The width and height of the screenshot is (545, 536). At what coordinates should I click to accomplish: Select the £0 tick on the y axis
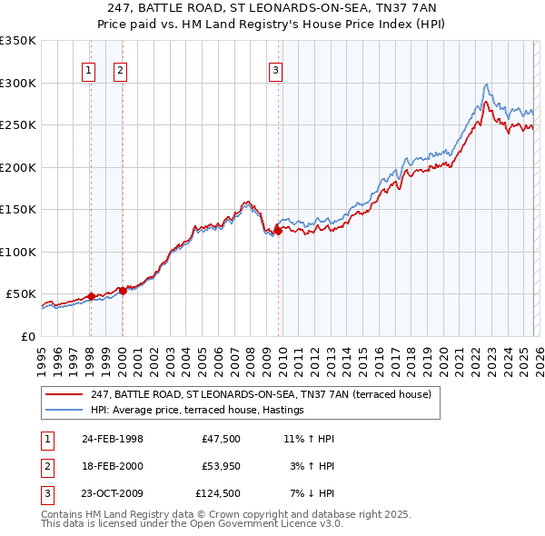pyautogui.click(x=27, y=336)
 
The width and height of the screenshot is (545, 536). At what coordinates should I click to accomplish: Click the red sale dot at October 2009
pyautogui.click(x=278, y=232)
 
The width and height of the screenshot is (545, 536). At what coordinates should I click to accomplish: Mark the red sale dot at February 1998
pyautogui.click(x=91, y=296)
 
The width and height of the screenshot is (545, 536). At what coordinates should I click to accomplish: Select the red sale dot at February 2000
pyautogui.click(x=123, y=291)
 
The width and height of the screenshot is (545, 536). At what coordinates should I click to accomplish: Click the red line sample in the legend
pyautogui.click(x=64, y=394)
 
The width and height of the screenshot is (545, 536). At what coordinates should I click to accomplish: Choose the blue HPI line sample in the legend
pyautogui.click(x=64, y=411)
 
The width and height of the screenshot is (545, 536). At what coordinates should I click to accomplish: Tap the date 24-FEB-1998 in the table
pyautogui.click(x=112, y=439)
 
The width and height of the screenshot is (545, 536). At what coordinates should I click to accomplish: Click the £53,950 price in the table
pyautogui.click(x=220, y=466)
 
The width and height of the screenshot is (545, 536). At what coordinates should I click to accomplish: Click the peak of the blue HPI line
pyautogui.click(x=488, y=84)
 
